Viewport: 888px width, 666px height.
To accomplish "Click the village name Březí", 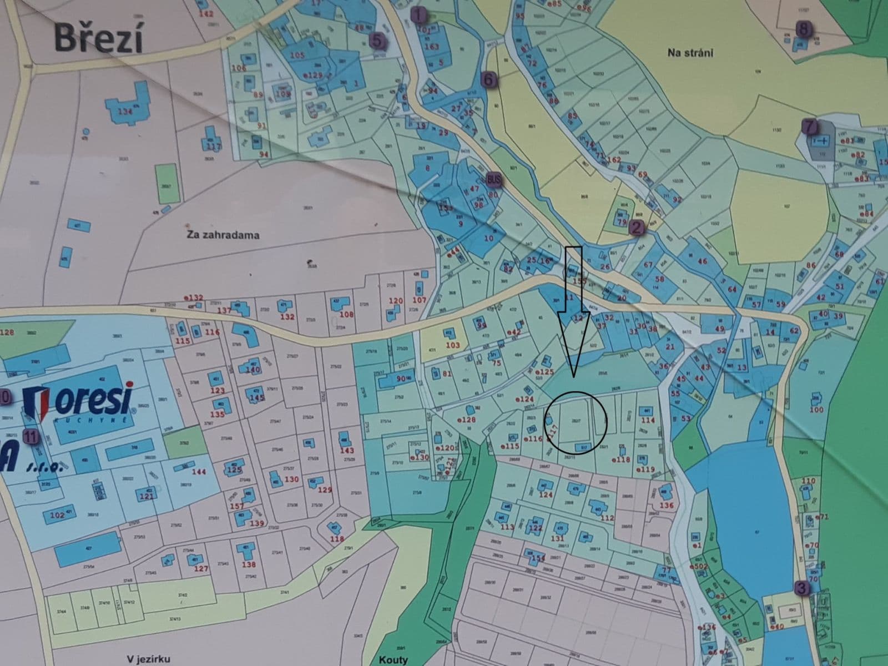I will click(x=98, y=39).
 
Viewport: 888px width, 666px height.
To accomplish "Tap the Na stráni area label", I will click(x=690, y=53).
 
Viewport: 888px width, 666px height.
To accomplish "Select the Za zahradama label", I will click(x=223, y=235).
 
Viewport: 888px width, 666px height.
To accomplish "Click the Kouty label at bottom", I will click(x=393, y=660).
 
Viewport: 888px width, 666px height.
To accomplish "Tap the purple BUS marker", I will click(x=493, y=180).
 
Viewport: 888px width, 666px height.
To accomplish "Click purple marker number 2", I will click(x=636, y=226).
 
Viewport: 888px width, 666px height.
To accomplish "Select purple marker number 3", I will click(x=800, y=588).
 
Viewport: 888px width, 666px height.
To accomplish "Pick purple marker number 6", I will click(x=488, y=79).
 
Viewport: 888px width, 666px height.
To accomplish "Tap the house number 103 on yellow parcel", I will click(x=453, y=345).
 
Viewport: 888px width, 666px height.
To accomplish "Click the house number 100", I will click(x=816, y=410).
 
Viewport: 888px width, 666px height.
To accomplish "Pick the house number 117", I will click(x=213, y=147).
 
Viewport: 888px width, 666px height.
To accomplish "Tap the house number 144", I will click(x=198, y=472).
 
